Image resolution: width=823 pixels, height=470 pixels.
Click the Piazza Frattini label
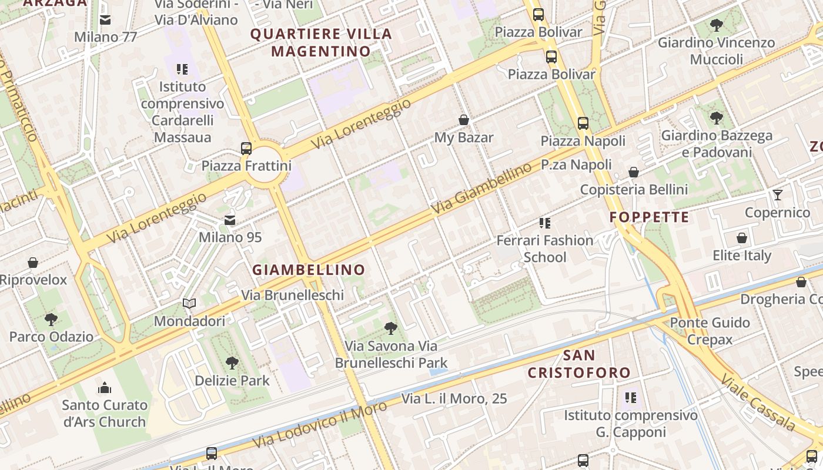tap(246, 166)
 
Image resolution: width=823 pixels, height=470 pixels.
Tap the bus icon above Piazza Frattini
tap(246, 149)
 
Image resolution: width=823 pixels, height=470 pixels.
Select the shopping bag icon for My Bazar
tap(464, 120)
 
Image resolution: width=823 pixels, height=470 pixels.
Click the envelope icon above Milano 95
tap(230, 220)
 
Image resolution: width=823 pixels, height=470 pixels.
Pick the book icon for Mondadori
tap(189, 304)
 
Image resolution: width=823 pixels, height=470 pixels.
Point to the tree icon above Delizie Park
tap(232, 363)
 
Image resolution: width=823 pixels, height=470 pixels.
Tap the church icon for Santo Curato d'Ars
tap(105, 388)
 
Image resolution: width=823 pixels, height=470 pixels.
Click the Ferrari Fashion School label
tap(545, 249)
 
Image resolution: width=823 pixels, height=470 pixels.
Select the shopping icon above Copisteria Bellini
tap(634, 172)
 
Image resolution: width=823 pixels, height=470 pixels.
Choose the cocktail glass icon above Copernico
tap(778, 195)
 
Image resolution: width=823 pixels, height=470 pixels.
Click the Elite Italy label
tap(742, 256)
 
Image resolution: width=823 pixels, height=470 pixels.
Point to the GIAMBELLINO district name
tap(309, 270)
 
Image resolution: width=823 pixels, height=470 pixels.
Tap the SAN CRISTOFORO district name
tap(579, 364)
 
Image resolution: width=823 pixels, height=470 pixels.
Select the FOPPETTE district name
tap(649, 217)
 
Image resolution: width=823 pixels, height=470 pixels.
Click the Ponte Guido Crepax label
tap(710, 331)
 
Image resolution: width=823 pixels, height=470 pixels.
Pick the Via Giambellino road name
tap(481, 189)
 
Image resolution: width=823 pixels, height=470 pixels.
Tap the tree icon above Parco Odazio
tap(51, 320)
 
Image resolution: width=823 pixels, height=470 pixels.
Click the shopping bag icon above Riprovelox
tap(33, 263)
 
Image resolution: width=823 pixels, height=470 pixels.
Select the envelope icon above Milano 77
tap(105, 20)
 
